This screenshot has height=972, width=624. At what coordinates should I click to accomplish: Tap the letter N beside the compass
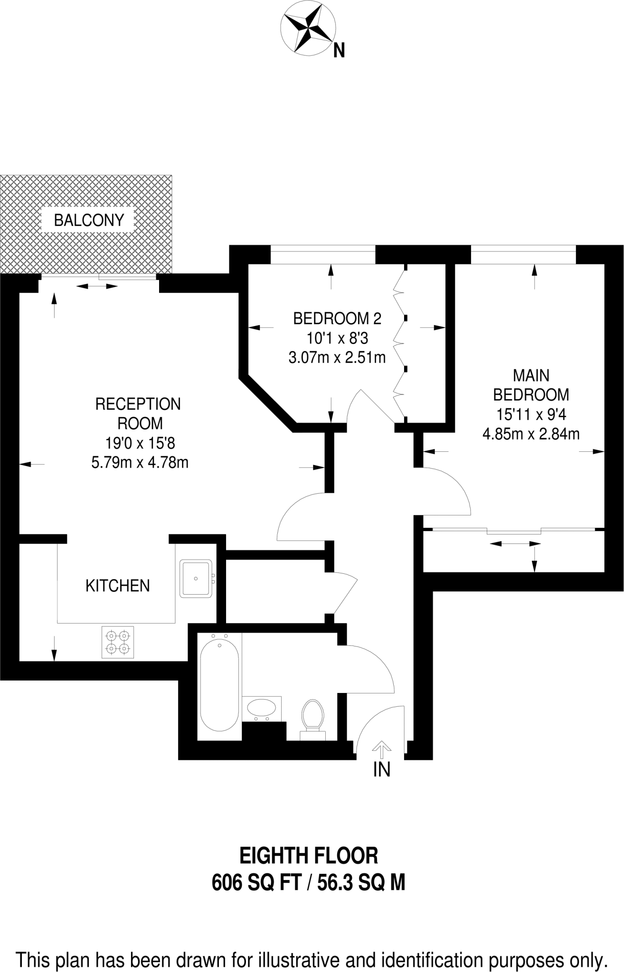tap(339, 50)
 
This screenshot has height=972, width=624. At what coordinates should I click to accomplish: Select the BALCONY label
tap(89, 220)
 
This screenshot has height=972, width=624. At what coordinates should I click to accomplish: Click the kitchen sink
tap(196, 579)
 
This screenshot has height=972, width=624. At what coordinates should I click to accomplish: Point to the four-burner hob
tap(117, 642)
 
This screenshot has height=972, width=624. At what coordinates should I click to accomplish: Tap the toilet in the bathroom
tap(312, 718)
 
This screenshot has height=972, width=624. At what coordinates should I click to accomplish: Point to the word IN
tap(381, 770)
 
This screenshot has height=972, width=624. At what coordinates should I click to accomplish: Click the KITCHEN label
tap(117, 586)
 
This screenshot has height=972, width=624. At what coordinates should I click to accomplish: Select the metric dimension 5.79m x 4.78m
tap(140, 462)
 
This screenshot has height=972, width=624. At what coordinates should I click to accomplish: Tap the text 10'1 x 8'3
tap(337, 338)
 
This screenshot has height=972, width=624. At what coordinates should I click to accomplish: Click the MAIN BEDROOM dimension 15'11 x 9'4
tap(531, 415)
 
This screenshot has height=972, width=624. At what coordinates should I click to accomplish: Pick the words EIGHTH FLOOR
tap(309, 856)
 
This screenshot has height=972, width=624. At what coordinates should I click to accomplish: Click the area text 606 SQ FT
tap(256, 883)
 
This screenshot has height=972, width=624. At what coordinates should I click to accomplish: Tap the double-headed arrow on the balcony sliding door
tap(97, 286)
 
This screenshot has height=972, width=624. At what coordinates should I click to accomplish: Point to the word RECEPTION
tap(138, 404)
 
